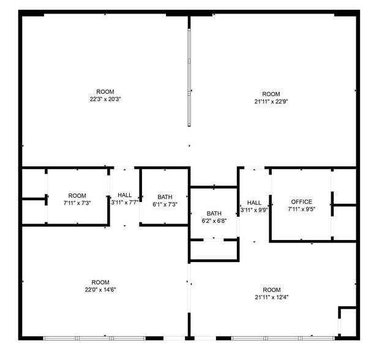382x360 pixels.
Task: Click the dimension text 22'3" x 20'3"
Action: tap(105, 99)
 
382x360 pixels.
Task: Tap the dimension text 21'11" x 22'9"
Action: tap(271, 101)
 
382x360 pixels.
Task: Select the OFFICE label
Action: tap(301, 202)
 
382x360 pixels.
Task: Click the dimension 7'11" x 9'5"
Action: tap(301, 209)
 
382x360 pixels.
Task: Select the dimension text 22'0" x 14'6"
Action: tap(100, 290)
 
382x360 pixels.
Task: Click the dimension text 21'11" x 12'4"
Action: tap(271, 297)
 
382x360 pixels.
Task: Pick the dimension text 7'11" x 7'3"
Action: tap(77, 203)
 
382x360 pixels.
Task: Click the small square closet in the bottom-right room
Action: tap(347, 321)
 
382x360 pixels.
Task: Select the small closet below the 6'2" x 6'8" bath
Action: tap(214, 250)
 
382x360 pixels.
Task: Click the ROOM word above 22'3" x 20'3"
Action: tap(105, 92)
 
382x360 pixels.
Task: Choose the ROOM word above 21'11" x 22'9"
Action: tap(271, 94)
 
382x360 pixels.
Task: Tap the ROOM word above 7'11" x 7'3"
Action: tap(77, 196)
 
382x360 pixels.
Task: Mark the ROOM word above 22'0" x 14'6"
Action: tap(100, 283)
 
